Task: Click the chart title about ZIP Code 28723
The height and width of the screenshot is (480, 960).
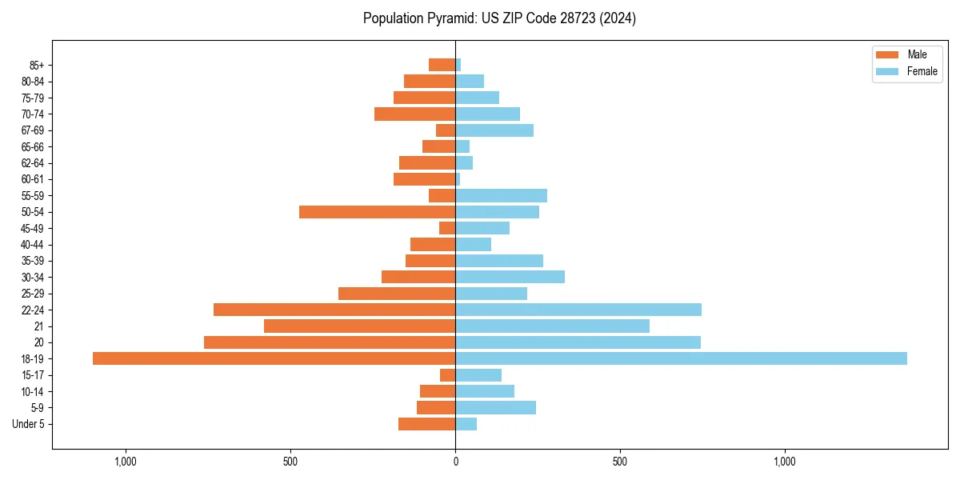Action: [499, 18]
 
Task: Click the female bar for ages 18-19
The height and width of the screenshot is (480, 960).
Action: [681, 358]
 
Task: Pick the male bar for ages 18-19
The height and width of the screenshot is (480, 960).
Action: [274, 358]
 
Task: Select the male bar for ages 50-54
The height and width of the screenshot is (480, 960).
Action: [377, 212]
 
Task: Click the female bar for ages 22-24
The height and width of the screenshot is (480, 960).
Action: [578, 310]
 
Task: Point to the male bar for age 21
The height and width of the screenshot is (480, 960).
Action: [359, 326]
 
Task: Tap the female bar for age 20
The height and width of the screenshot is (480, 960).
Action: [578, 342]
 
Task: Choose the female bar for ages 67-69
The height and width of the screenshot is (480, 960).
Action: [494, 130]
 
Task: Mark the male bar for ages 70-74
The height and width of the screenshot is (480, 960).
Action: [414, 114]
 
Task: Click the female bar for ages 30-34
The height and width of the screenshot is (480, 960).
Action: [510, 277]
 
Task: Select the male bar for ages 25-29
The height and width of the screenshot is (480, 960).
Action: [397, 294]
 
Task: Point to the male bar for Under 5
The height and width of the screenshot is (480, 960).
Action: [426, 424]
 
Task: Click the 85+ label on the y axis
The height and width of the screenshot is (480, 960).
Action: [36, 65]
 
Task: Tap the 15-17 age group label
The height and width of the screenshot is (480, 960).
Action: [33, 375]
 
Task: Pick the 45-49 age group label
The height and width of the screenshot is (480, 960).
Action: [33, 228]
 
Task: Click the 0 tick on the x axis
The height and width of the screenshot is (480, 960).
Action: [455, 462]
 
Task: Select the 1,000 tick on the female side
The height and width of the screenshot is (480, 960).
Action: [785, 462]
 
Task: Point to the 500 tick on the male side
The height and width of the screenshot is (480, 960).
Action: [290, 462]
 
